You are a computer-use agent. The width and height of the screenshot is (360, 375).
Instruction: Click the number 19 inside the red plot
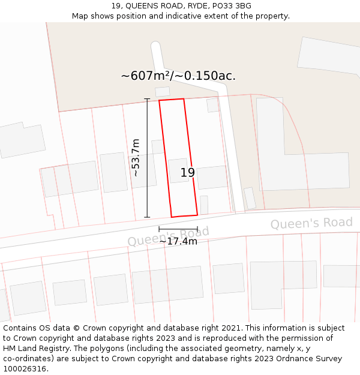tap(188, 173)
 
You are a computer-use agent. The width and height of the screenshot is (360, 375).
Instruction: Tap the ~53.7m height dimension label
tap(136, 157)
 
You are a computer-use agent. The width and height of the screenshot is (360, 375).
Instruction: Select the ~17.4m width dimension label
tap(178, 241)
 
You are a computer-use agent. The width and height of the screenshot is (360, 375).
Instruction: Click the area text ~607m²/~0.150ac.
tap(178, 76)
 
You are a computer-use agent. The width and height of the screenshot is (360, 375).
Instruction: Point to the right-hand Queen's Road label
tap(311, 223)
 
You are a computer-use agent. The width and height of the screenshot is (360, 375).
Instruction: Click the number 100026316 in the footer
tap(25, 369)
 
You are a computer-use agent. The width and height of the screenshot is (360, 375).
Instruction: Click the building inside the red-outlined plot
tap(178, 170)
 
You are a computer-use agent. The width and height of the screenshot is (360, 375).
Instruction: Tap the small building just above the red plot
tap(162, 92)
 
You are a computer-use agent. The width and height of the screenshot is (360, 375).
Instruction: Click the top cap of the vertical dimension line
tap(148, 98)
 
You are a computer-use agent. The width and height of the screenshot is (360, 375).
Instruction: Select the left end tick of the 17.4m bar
tap(159, 229)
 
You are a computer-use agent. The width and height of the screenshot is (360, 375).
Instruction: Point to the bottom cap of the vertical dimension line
tap(148, 217)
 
